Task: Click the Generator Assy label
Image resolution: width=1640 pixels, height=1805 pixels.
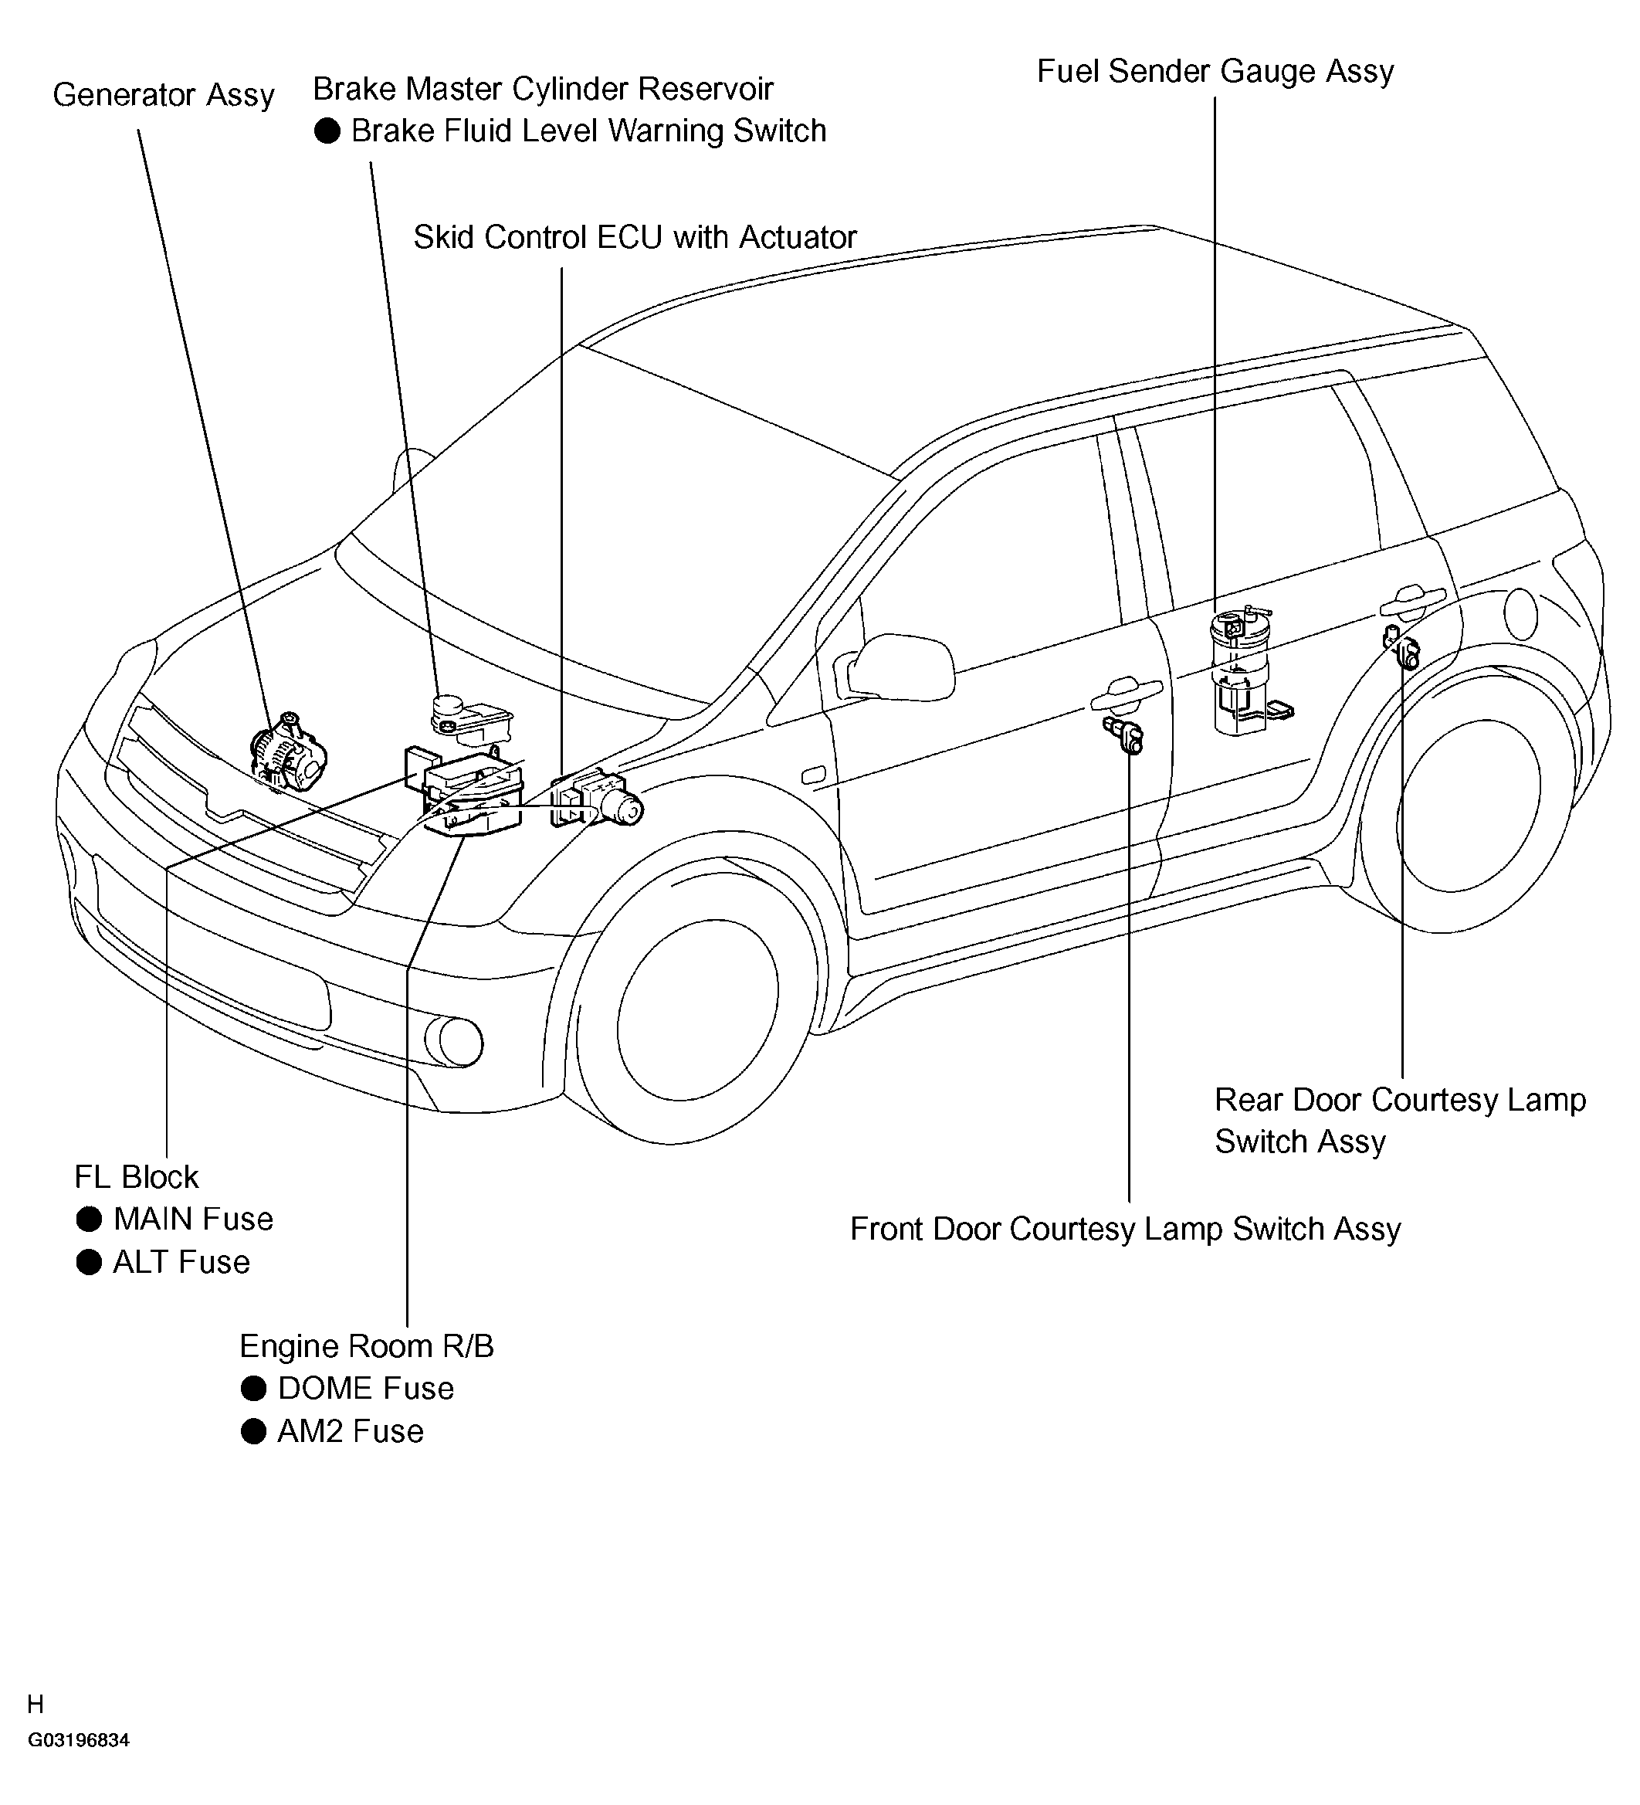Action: tap(163, 95)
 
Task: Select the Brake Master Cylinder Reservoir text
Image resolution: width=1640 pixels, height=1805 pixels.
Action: tap(543, 89)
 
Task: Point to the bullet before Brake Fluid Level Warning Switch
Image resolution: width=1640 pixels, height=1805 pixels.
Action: tap(327, 131)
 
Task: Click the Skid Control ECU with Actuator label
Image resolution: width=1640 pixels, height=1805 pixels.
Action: tap(635, 237)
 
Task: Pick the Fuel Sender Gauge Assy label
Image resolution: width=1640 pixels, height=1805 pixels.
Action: tap(1215, 72)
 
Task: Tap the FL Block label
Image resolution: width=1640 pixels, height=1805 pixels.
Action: tap(136, 1176)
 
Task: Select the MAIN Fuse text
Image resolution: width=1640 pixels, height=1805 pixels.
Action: tap(192, 1219)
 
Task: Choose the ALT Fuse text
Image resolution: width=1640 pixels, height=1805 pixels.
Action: tap(181, 1261)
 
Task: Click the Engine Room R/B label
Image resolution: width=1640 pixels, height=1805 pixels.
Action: tap(366, 1345)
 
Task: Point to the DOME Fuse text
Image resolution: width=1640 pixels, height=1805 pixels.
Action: tap(365, 1388)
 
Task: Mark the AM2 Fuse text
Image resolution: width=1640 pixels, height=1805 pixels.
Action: tap(350, 1430)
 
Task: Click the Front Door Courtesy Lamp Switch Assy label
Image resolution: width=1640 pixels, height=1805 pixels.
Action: tap(1124, 1228)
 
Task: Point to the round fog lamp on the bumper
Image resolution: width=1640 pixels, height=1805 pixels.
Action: tap(456, 1042)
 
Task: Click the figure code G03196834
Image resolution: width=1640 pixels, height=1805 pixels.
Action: tap(79, 1766)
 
